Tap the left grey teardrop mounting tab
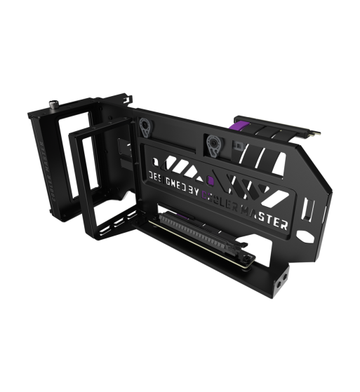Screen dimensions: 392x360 145,126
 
